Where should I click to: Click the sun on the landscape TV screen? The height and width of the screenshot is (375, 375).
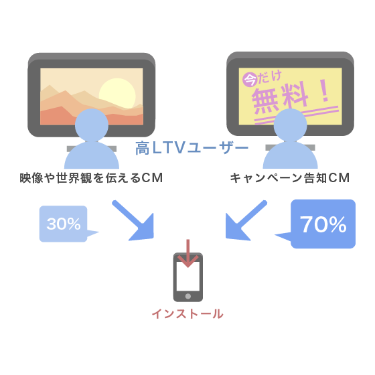(117, 93)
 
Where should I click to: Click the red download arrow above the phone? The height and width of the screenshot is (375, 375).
(188, 254)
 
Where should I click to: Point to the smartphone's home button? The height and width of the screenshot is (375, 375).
(188, 296)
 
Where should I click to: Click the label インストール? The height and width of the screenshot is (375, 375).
(187, 314)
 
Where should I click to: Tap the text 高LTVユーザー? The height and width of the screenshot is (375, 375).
(192, 148)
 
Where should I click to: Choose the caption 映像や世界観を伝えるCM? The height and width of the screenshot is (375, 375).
(91, 178)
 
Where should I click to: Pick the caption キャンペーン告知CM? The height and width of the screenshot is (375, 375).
(290, 178)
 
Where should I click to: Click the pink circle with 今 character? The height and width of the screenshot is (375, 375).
(250, 80)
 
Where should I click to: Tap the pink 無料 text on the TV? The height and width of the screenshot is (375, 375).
(280, 98)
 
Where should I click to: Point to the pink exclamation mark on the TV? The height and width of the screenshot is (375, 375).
(325, 91)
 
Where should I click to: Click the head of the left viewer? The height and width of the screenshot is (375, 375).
(92, 125)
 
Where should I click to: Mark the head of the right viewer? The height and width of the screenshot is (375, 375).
(291, 125)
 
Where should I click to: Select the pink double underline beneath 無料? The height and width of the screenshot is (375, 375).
(297, 115)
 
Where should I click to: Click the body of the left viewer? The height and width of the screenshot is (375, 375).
(92, 156)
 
